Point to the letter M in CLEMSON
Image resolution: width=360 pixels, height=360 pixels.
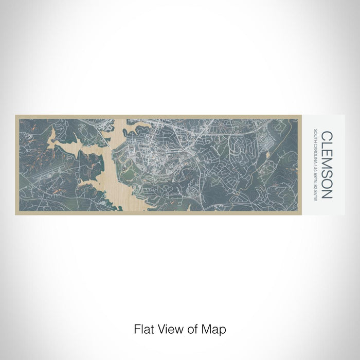327,163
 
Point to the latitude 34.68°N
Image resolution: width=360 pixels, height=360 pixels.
315,172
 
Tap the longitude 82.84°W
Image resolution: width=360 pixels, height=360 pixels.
315,187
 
